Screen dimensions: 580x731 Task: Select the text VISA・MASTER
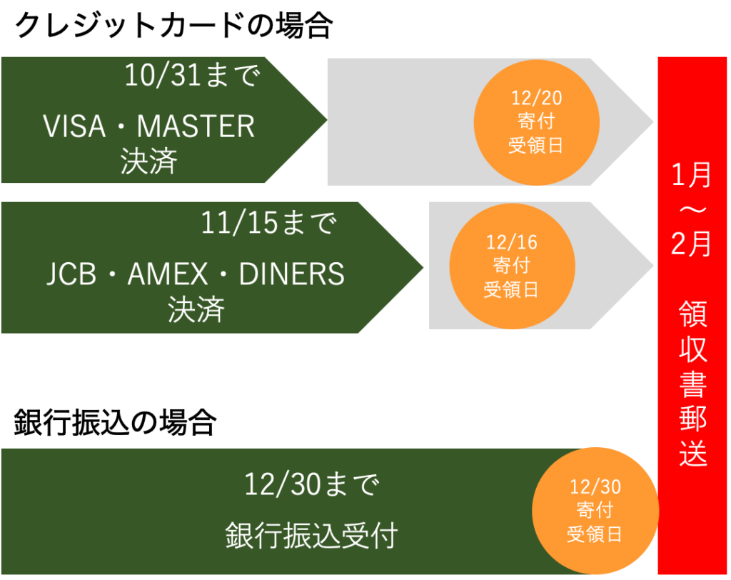tap(149, 127)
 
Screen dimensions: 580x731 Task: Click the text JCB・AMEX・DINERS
tap(196, 274)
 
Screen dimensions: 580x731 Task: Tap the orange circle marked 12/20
tap(536, 121)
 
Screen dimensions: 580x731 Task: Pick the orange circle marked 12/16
tap(511, 266)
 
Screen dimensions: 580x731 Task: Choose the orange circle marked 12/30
tap(595, 510)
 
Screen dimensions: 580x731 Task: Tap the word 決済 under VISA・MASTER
tap(149, 163)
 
